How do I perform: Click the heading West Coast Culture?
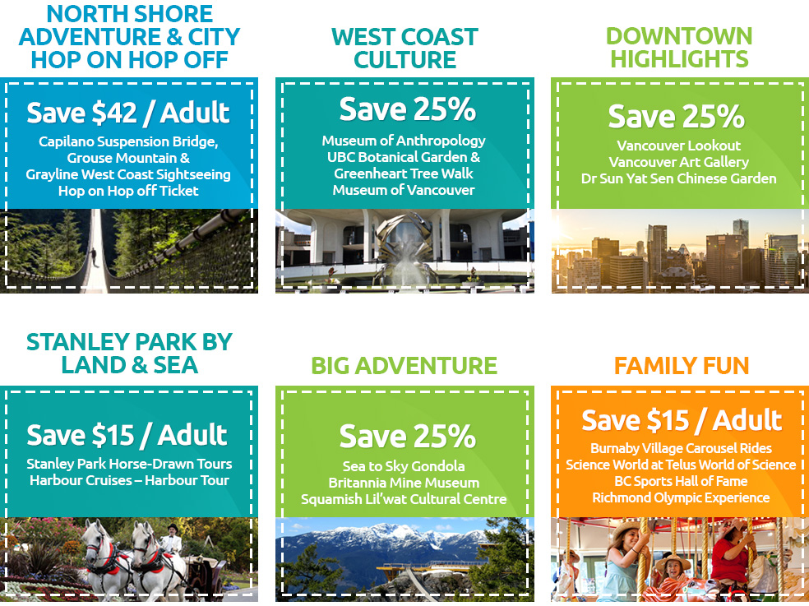404,48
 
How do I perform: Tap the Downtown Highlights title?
679,47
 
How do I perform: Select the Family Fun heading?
681,365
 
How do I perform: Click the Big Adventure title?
404,365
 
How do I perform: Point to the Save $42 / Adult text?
128,113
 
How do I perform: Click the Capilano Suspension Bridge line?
128,142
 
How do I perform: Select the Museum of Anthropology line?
404,141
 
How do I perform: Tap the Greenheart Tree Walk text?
404,173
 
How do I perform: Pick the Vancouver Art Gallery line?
678,162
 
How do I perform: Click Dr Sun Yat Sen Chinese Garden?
678,178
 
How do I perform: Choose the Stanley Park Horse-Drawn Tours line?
129,464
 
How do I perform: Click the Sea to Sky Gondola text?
404,467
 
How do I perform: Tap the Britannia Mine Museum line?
404,483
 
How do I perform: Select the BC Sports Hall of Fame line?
681,481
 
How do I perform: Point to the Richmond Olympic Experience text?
681,497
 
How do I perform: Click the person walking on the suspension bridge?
94,257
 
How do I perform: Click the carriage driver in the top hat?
172,539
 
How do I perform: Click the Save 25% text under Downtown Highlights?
676,116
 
